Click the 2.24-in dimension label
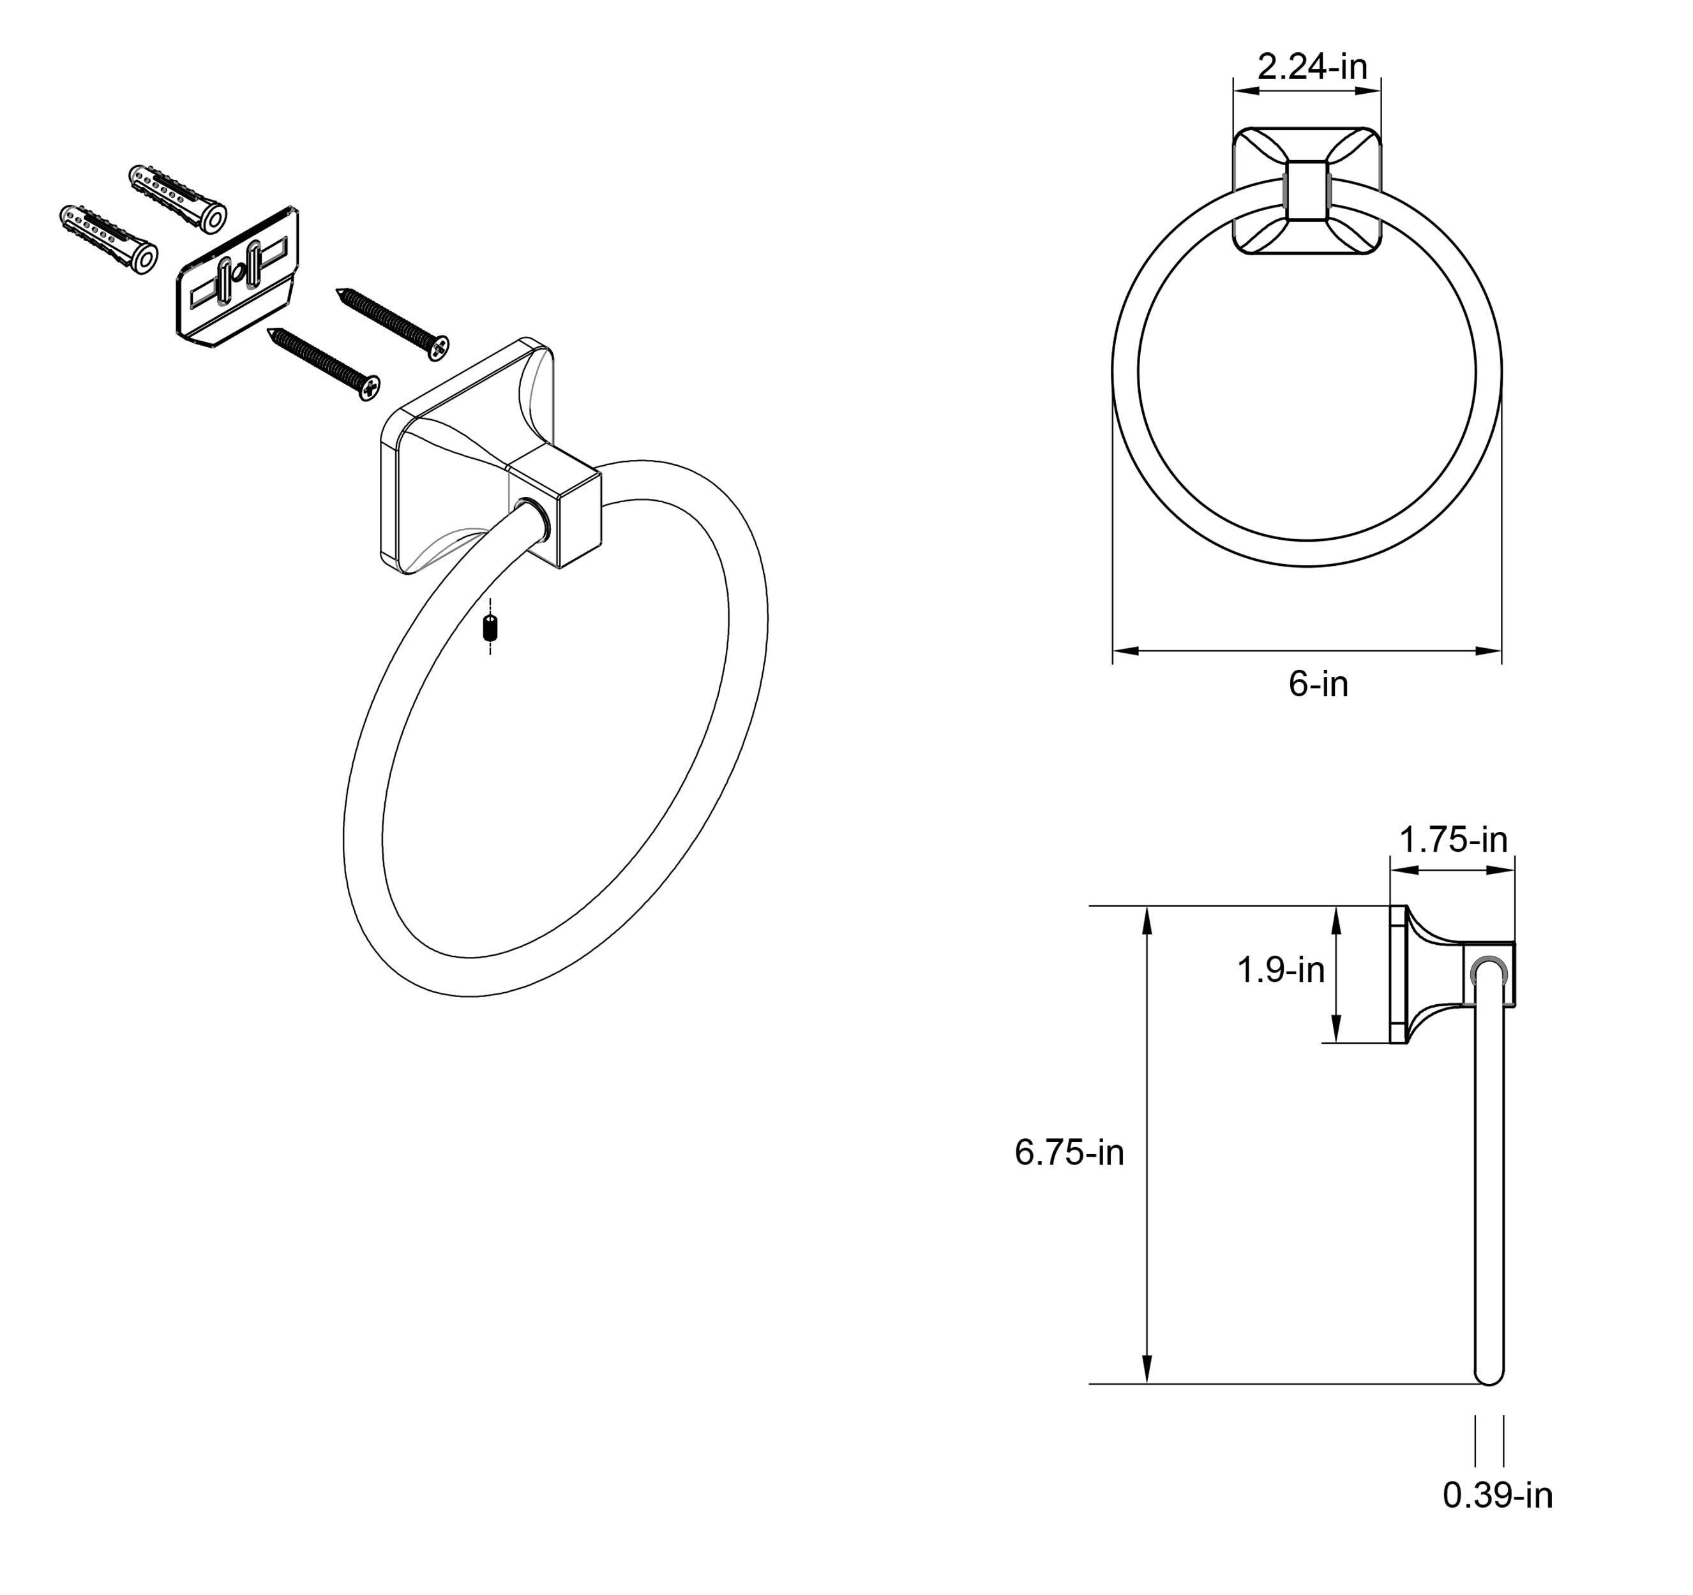1313,66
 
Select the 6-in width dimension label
1318,685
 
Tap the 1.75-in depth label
1454,840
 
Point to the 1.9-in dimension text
1281,969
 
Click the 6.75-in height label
1070,1152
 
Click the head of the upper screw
439,346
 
